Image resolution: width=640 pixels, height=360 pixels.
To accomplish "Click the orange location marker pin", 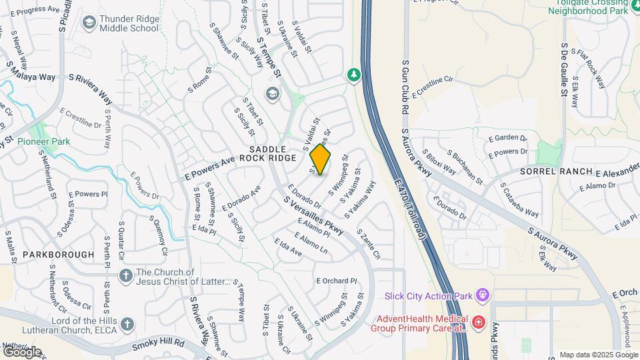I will point(321,160).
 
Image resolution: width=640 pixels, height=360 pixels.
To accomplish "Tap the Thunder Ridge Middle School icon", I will point(88,23).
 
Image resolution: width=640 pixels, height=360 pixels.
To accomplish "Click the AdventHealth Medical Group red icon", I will point(478,322).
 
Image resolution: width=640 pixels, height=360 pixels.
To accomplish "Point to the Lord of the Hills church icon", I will point(127,324).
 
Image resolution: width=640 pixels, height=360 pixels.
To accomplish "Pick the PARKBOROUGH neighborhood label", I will point(58,255).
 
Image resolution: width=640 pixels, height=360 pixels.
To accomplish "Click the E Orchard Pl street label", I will point(337,281).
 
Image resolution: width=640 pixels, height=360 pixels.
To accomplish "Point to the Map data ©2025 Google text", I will point(599,355).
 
